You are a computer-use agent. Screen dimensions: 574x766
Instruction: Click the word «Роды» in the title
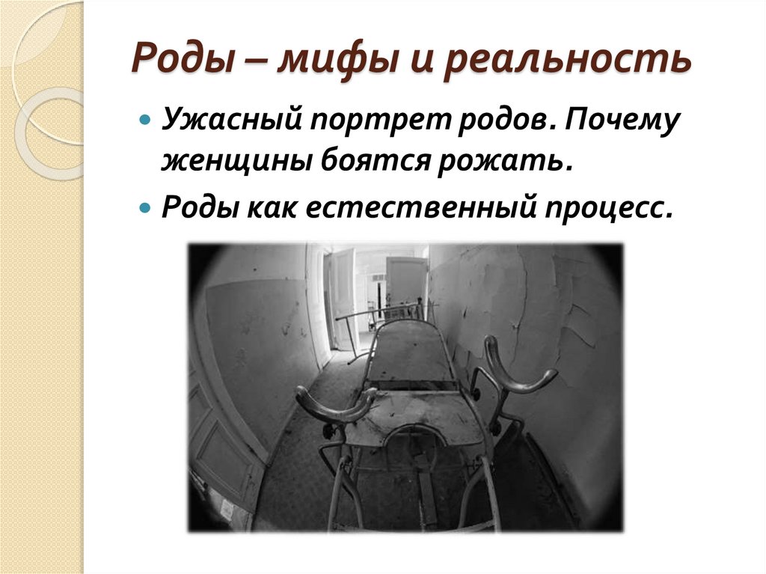(x=176, y=61)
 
